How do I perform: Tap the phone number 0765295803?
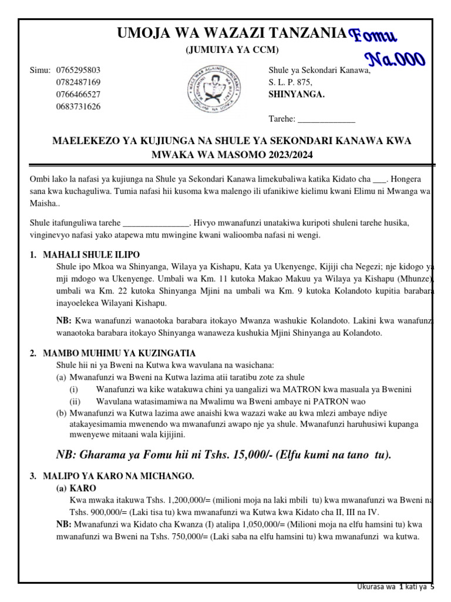coord(78,70)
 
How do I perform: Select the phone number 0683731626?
coord(78,106)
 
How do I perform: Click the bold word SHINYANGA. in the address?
coord(296,94)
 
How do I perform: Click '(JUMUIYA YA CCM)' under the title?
coord(232,51)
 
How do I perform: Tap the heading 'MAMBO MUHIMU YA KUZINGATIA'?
coord(119,353)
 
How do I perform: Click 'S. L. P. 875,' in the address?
coord(291,82)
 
